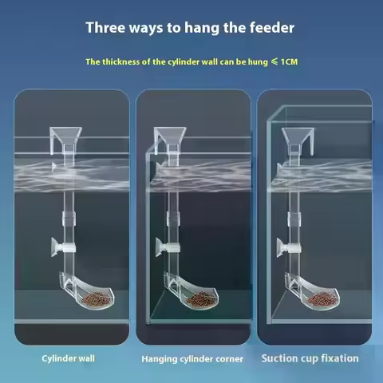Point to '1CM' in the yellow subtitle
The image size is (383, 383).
tap(286, 61)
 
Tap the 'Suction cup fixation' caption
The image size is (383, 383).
tap(310, 358)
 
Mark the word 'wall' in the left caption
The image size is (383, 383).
tap(86, 358)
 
